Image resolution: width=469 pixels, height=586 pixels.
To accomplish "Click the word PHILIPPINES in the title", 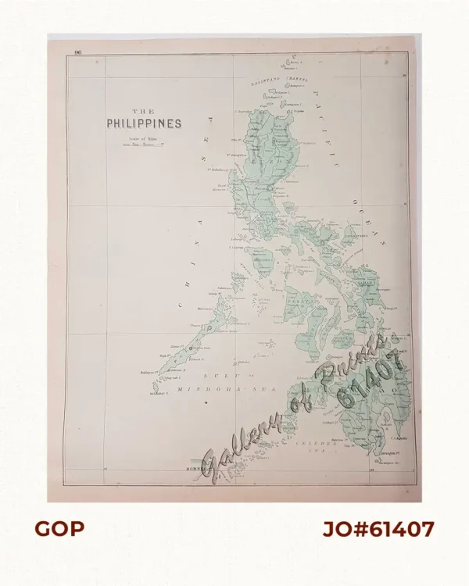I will tap(144, 123).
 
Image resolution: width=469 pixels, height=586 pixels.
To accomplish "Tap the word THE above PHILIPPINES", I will tap(144, 112).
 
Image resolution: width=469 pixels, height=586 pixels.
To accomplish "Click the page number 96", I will tap(78, 52).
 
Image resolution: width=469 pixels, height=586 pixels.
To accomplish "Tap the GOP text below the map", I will tap(59, 529).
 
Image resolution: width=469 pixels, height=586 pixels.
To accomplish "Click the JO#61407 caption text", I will tap(378, 529).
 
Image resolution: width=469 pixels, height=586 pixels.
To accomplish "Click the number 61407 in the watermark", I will tap(372, 378).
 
